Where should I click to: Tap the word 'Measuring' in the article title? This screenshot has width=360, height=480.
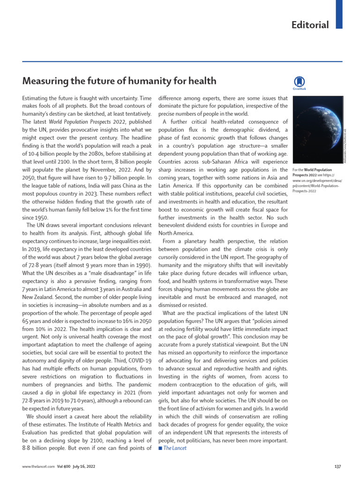(x=45, y=81)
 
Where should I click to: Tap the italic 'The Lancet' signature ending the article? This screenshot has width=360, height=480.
(x=175, y=448)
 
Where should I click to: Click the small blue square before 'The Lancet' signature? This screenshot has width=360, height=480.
(x=160, y=448)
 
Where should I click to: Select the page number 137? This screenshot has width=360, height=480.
(x=337, y=466)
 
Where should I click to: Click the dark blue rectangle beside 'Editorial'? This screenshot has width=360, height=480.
(x=339, y=14)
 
